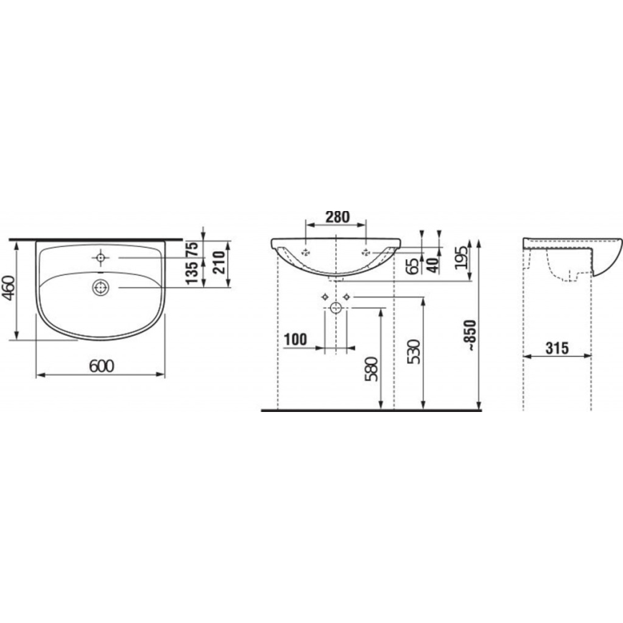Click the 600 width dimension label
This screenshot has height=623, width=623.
[101, 365]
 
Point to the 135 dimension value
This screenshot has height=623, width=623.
[192, 274]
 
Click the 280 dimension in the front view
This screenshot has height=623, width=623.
[336, 215]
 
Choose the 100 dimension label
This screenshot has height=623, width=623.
[296, 338]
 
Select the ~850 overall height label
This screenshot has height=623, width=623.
[468, 333]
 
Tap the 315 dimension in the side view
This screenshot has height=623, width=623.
[556, 348]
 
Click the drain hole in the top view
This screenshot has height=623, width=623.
[100, 287]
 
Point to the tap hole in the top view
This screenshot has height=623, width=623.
[100, 256]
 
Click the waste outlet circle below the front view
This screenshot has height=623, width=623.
[336, 309]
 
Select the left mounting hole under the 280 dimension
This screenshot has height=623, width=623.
[306, 251]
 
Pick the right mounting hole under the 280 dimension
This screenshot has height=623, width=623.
[366, 251]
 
